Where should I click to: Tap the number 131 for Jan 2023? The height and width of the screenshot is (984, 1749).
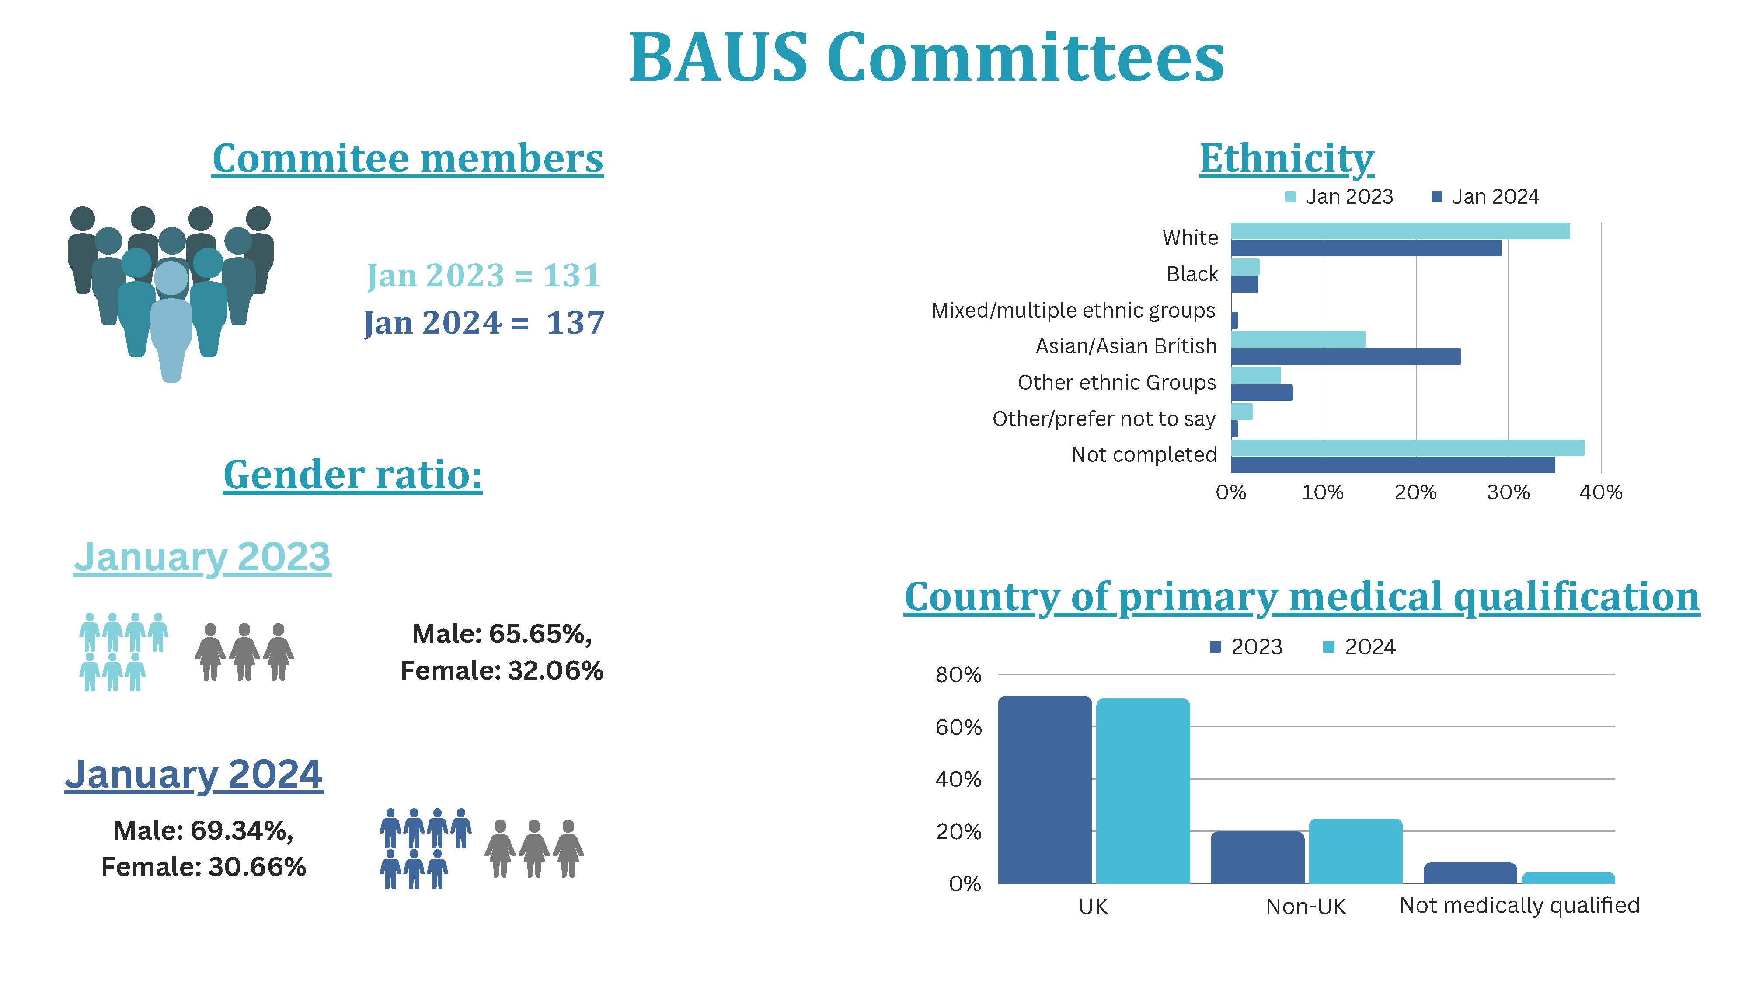(571, 276)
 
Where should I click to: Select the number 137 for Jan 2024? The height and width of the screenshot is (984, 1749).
(575, 323)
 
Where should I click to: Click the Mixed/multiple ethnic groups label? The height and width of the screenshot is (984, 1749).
(1073, 311)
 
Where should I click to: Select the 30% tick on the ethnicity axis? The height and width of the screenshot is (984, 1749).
(1508, 492)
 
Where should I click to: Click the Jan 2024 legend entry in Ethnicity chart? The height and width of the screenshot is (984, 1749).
(1486, 197)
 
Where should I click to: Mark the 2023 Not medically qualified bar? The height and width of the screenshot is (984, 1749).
(1470, 873)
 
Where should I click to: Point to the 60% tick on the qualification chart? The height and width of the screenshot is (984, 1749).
(958, 727)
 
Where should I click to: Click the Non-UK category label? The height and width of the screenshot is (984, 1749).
(1306, 907)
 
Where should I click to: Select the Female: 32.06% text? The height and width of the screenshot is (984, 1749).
(502, 671)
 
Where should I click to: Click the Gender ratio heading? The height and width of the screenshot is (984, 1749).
(352, 474)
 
